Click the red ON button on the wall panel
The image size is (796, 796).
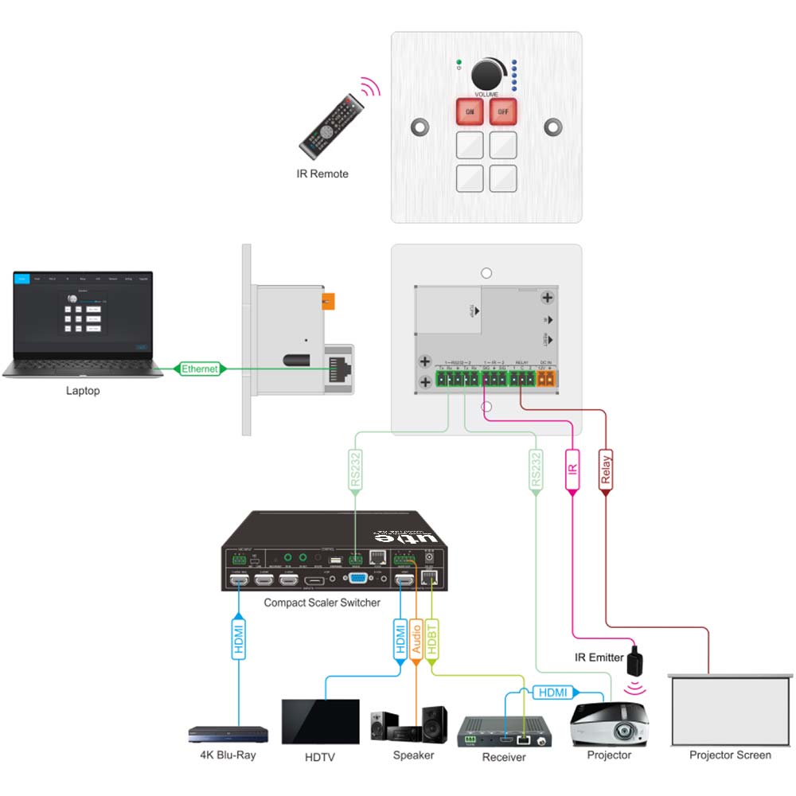point(470,112)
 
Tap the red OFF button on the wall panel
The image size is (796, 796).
point(503,112)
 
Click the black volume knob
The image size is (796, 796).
point(486,75)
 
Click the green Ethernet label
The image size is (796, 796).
point(199,369)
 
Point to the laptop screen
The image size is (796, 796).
point(83,313)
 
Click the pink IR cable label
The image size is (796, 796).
point(572,468)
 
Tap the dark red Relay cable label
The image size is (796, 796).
point(606,468)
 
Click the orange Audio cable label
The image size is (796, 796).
point(416,641)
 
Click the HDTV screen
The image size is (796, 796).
point(320,721)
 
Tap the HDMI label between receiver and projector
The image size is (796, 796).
point(553,693)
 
